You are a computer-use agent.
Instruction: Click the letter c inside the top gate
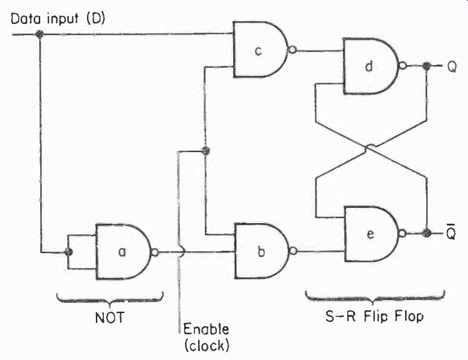coord(258,50)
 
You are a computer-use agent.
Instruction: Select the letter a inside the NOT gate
coord(122,252)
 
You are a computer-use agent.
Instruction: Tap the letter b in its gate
coord(261,252)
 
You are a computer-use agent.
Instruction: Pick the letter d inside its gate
coord(369,66)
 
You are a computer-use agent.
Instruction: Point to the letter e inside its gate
coord(370,234)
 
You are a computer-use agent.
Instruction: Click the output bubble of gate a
coord(154,252)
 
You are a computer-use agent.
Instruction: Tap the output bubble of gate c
coord(292,50)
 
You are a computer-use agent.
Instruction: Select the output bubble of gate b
coord(293,251)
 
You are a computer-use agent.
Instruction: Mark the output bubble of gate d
coord(403,65)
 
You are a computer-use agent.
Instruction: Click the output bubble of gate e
coord(403,233)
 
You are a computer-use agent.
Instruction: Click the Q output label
coord(452,67)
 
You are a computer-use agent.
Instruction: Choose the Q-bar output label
coord(451,232)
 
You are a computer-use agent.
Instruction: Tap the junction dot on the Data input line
coord(39,34)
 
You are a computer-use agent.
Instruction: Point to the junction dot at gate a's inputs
coord(68,252)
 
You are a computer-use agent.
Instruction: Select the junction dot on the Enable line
coord(205,150)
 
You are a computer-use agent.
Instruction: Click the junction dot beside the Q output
coord(427,66)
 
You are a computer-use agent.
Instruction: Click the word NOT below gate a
coord(109,318)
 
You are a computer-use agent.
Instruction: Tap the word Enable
coord(206,329)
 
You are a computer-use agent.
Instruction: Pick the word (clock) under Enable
coord(207,345)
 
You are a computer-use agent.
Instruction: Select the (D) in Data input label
coord(96,19)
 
